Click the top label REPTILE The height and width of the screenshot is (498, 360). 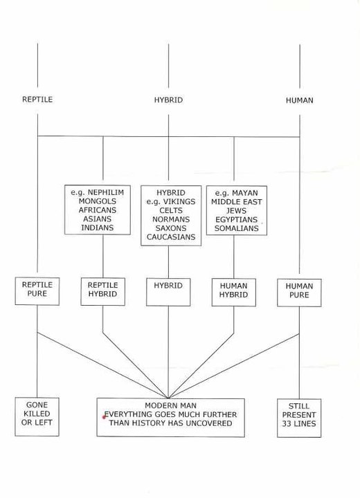(x=37, y=100)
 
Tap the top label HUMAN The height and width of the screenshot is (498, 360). (x=299, y=100)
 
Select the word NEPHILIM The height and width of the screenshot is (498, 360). (x=106, y=192)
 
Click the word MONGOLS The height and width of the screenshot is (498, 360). (x=98, y=201)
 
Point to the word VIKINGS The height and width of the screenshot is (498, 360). (x=179, y=202)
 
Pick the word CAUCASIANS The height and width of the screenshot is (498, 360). (x=171, y=237)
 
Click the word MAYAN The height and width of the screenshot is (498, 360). (x=245, y=193)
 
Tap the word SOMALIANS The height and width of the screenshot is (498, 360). (x=237, y=228)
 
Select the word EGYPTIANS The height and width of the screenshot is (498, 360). (x=237, y=219)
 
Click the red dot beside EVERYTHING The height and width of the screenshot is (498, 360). (x=104, y=417)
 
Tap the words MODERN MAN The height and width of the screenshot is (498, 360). (x=170, y=405)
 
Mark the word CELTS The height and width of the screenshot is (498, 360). (x=171, y=210)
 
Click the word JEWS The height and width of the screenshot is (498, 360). (x=237, y=210)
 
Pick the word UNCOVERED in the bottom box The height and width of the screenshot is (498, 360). (x=209, y=423)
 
